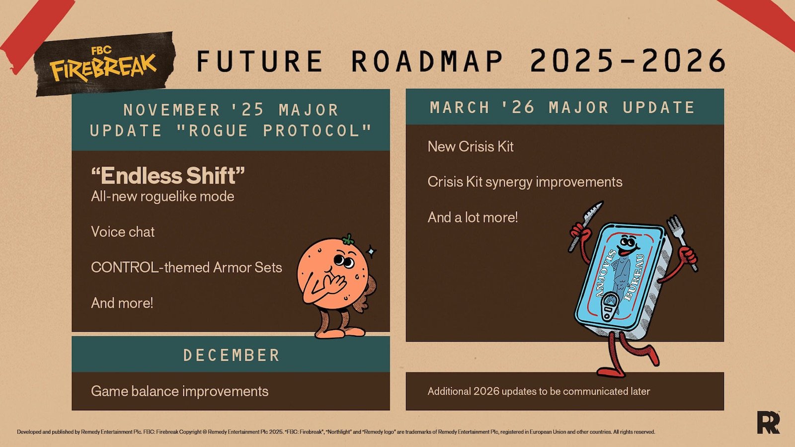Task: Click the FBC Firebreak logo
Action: coord(103,64)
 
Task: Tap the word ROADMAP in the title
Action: coord(427,61)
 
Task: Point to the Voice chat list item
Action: coord(123,231)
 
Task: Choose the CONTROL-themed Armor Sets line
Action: coord(187,267)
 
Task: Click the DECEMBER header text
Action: coord(232,355)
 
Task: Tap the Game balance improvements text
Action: coord(179,391)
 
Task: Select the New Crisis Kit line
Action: coord(471,147)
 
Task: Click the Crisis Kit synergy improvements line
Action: coord(525,182)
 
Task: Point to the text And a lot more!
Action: coord(473,217)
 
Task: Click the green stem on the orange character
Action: coord(348,239)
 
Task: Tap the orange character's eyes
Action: coord(343,261)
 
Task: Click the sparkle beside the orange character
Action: coord(371,251)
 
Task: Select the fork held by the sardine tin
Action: coord(681,242)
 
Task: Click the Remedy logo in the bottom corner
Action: coord(768,422)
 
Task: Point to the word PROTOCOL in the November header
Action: coord(318,131)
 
